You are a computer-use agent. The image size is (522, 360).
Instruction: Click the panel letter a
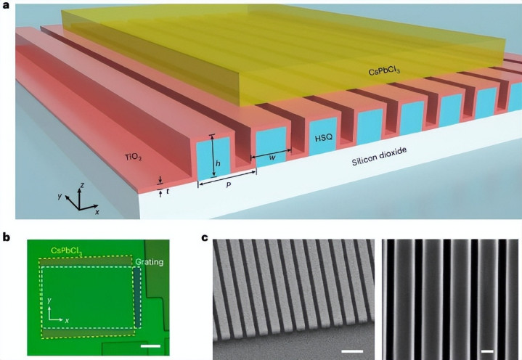[x=6, y=5]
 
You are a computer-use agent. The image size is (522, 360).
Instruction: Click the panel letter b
[x=6, y=237]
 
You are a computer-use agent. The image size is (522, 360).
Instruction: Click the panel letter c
[x=205, y=238]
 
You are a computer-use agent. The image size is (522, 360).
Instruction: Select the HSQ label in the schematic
[x=324, y=137]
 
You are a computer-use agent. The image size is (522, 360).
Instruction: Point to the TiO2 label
[x=134, y=157]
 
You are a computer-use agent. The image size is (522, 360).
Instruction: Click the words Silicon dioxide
[x=379, y=156]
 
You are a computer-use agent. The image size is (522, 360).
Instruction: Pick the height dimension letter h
[x=218, y=163]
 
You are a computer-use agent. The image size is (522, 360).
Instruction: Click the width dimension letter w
[x=272, y=157]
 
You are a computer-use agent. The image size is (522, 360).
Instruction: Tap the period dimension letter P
[x=229, y=184]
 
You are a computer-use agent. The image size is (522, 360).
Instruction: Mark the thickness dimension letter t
[x=168, y=192]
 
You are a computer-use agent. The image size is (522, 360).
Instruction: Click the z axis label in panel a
[x=82, y=185]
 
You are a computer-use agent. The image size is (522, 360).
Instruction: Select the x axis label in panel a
[x=97, y=212]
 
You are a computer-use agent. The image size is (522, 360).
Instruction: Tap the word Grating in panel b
[x=149, y=262]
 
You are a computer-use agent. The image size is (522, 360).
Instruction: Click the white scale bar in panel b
[x=150, y=346]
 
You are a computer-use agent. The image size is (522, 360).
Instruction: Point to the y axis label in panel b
[x=49, y=300]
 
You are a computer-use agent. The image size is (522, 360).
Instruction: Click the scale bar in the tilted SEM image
[x=352, y=351]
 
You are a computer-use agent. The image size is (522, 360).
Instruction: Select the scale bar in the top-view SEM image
[x=487, y=351]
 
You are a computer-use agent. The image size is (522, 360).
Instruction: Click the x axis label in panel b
[x=67, y=321]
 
